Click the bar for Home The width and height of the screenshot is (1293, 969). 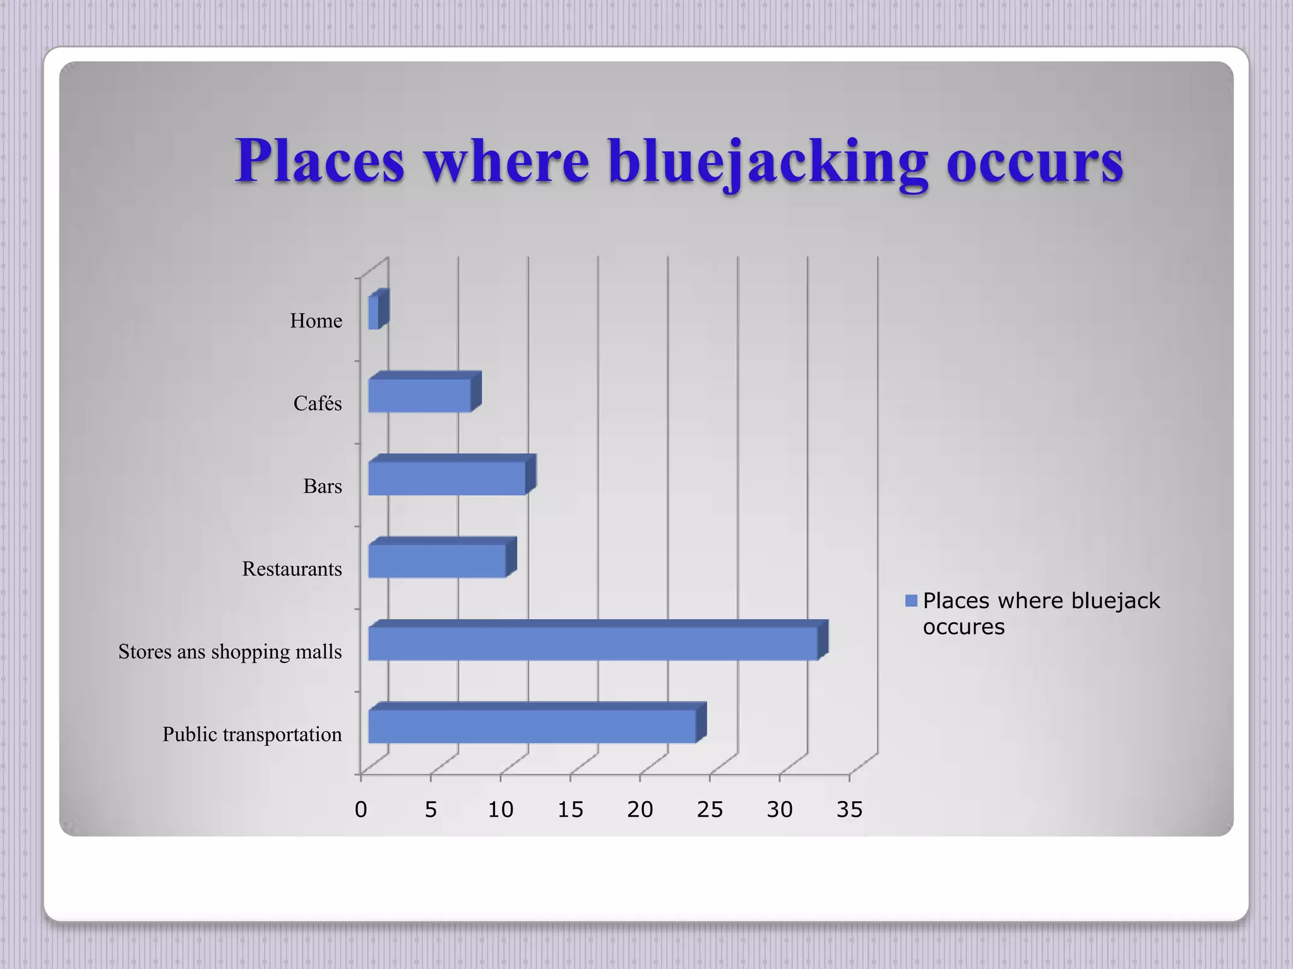pyautogui.click(x=374, y=312)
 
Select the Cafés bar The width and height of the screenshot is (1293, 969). pyautogui.click(x=420, y=395)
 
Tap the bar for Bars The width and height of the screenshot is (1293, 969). pyautogui.click(x=447, y=478)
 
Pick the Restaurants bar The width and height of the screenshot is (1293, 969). pyautogui.click(x=437, y=560)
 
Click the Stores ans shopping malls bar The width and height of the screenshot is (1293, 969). pyautogui.click(x=593, y=643)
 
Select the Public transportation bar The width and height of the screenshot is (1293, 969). pyautogui.click(x=532, y=725)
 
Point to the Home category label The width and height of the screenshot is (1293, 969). pyautogui.click(x=316, y=321)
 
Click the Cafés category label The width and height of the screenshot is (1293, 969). pyautogui.click(x=318, y=404)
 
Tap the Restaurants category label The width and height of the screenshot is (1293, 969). pyautogui.click(x=292, y=569)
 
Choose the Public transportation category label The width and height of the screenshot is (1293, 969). pyautogui.click(x=252, y=734)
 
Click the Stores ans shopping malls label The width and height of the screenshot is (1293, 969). pyautogui.click(x=230, y=652)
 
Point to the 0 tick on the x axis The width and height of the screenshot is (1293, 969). pyautogui.click(x=360, y=809)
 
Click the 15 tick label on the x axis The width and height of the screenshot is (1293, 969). pyautogui.click(x=570, y=809)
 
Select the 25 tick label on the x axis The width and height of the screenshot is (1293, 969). pyautogui.click(x=710, y=809)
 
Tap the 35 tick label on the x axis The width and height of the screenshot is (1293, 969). pyautogui.click(x=849, y=809)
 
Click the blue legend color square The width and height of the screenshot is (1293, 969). pyautogui.click(x=911, y=601)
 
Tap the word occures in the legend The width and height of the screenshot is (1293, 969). pyautogui.click(x=963, y=627)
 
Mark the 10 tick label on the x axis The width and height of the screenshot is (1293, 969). pyautogui.click(x=500, y=809)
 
